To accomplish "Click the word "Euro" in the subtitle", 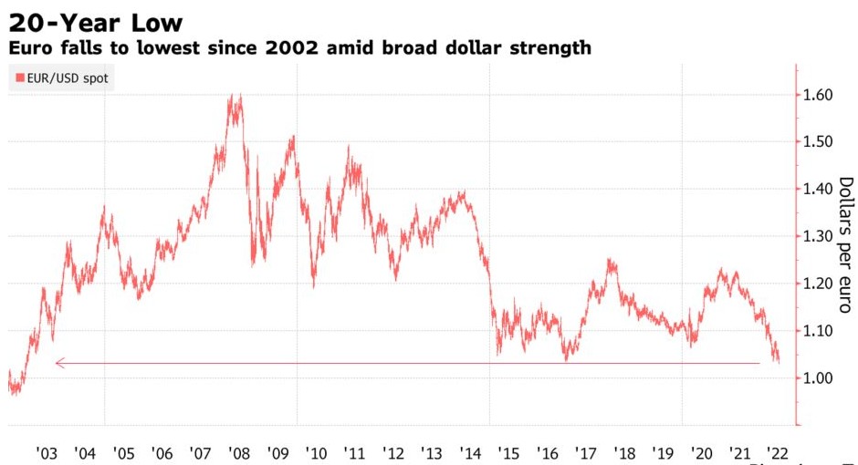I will click(30, 47).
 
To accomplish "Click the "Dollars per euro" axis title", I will click(845, 244).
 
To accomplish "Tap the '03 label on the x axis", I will click(47, 453).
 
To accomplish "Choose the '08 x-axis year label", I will click(240, 453).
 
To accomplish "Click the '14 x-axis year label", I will click(471, 453).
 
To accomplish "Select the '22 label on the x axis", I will click(779, 453).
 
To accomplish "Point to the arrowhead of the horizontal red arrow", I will click(58, 363).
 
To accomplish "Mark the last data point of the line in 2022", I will click(779, 361).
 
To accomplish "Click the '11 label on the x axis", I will click(356, 453).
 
